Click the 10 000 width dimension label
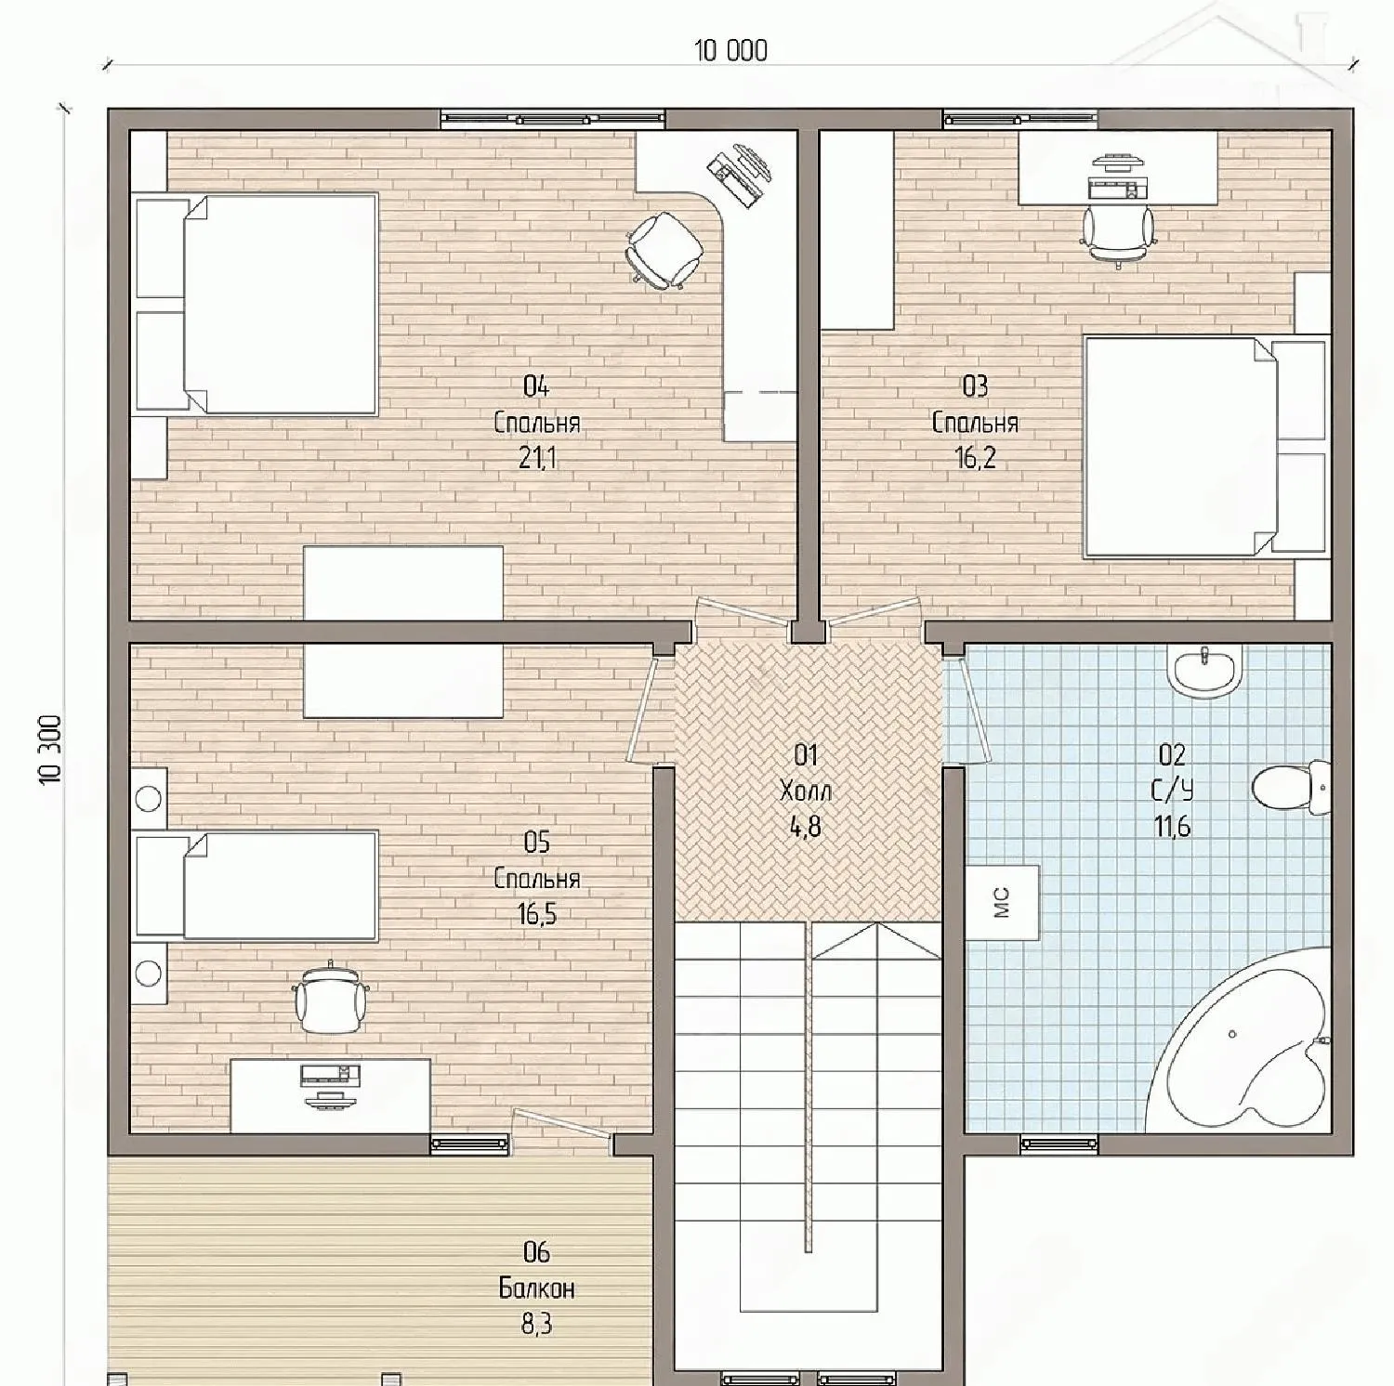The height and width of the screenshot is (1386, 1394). tap(731, 51)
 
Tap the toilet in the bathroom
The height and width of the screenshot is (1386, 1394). tap(1291, 788)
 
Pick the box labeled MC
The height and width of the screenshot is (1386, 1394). tap(1002, 902)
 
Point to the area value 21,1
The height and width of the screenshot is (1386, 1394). tap(537, 458)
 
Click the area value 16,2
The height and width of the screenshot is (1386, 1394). tap(975, 458)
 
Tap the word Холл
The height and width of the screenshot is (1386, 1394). tap(806, 791)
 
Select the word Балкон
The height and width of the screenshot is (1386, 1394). tap(537, 1288)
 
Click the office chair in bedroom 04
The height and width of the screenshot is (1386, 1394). tap(664, 247)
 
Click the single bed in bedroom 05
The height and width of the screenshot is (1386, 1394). tap(256, 885)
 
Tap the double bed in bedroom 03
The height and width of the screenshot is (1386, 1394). tap(1205, 448)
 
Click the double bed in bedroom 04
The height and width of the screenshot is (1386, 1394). tap(256, 303)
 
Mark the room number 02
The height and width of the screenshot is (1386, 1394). tap(1172, 754)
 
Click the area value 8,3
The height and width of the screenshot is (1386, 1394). tap(537, 1324)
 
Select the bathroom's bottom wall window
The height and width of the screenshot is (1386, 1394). tap(1059, 1144)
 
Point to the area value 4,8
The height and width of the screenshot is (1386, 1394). tap(806, 827)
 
